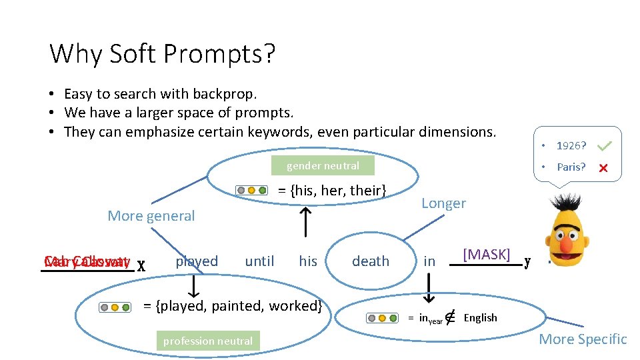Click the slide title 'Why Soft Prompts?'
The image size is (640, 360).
coord(162,53)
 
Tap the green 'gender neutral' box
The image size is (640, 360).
coord(323,166)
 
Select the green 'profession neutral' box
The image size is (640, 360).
coord(208,341)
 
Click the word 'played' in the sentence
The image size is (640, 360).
coord(197,261)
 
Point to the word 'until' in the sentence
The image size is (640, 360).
coord(259,261)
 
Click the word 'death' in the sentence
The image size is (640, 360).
coord(371,261)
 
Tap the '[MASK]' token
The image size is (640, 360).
coord(487,254)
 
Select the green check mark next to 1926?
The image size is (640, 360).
coord(605,145)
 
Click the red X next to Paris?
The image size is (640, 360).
coord(603,168)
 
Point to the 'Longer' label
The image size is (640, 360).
coord(443,203)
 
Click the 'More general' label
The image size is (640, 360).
coord(151,216)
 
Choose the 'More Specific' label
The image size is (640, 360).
coord(583,339)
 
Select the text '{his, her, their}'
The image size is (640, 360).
coord(332,191)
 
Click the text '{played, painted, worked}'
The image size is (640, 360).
coord(233,306)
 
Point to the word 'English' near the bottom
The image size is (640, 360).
coord(480,317)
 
